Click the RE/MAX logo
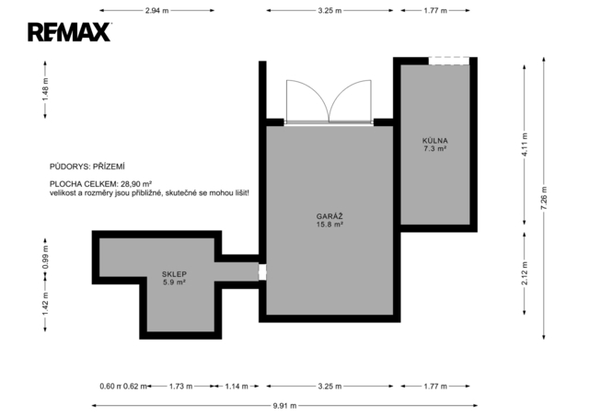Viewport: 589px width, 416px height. (70, 32)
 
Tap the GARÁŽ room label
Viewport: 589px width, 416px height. (329, 216)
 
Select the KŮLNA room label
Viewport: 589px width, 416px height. (435, 141)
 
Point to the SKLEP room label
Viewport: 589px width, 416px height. (174, 274)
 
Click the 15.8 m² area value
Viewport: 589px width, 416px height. (329, 225)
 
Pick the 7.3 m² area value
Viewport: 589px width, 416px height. (435, 149)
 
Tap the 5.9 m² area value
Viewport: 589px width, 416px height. (174, 283)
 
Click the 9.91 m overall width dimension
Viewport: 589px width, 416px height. (284, 406)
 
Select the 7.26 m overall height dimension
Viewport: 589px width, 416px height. (544, 198)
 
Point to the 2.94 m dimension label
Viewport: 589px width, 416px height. (157, 10)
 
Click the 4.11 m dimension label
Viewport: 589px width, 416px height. (525, 144)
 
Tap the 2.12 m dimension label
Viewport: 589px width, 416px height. (525, 273)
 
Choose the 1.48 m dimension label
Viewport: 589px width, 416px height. (45, 89)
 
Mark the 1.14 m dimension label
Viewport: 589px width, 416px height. (237, 387)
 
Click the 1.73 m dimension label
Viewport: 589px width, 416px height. (180, 387)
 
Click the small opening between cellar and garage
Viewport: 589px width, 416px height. (262, 272)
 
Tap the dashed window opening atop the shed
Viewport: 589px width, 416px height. (449, 61)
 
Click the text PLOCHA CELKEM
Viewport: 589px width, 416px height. (84, 184)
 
